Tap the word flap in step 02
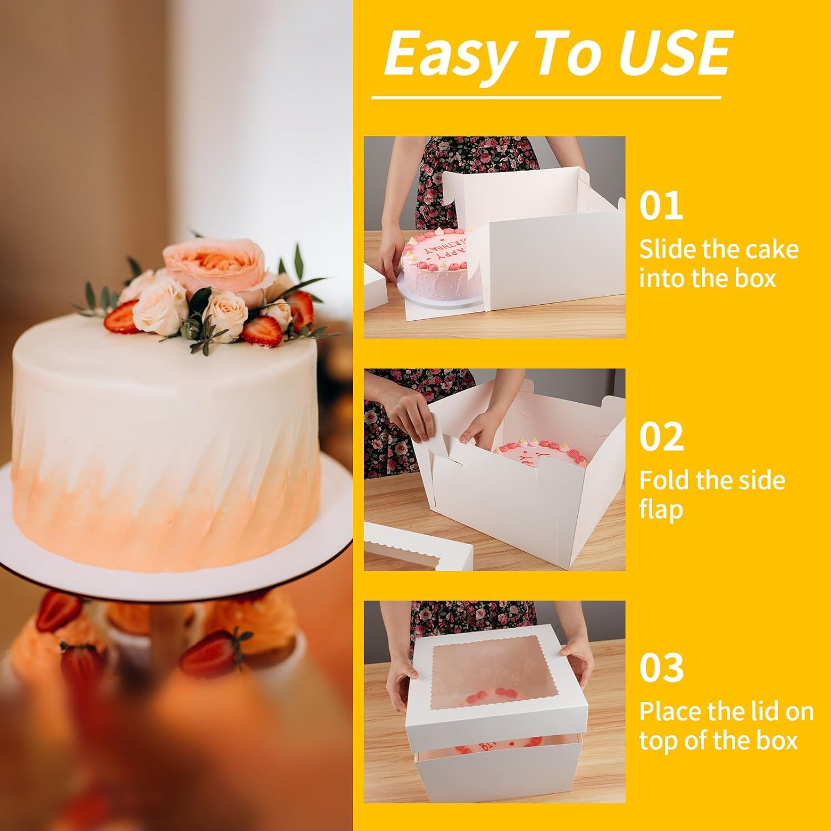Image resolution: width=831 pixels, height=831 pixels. [660, 509]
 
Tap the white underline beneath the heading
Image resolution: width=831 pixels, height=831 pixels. [546, 98]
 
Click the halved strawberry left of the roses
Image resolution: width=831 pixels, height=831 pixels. [121, 316]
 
